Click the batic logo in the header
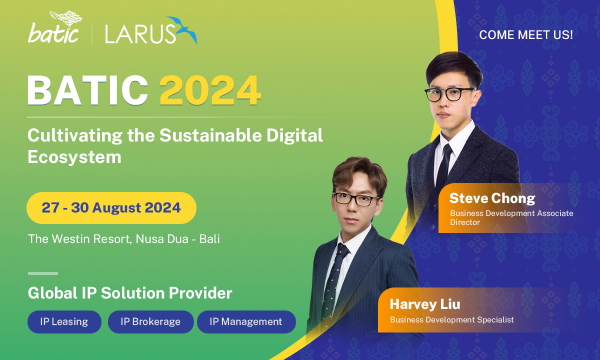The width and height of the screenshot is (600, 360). (55, 27)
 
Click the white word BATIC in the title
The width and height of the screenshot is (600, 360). (87, 90)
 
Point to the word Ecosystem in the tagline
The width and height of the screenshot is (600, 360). (74, 157)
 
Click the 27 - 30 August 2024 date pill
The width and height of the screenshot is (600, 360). (111, 208)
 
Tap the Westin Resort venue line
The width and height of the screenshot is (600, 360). (124, 239)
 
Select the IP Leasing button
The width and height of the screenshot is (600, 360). (64, 321)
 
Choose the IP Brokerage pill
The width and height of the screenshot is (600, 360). (150, 321)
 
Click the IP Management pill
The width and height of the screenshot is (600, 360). (246, 321)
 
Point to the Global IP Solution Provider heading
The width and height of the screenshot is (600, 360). (130, 293)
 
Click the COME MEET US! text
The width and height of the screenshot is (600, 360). (526, 35)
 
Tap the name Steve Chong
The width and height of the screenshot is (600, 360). (492, 198)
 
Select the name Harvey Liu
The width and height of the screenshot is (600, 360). (425, 304)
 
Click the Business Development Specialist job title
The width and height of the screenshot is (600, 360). (452, 320)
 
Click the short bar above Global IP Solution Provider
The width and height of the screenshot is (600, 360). (43, 273)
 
